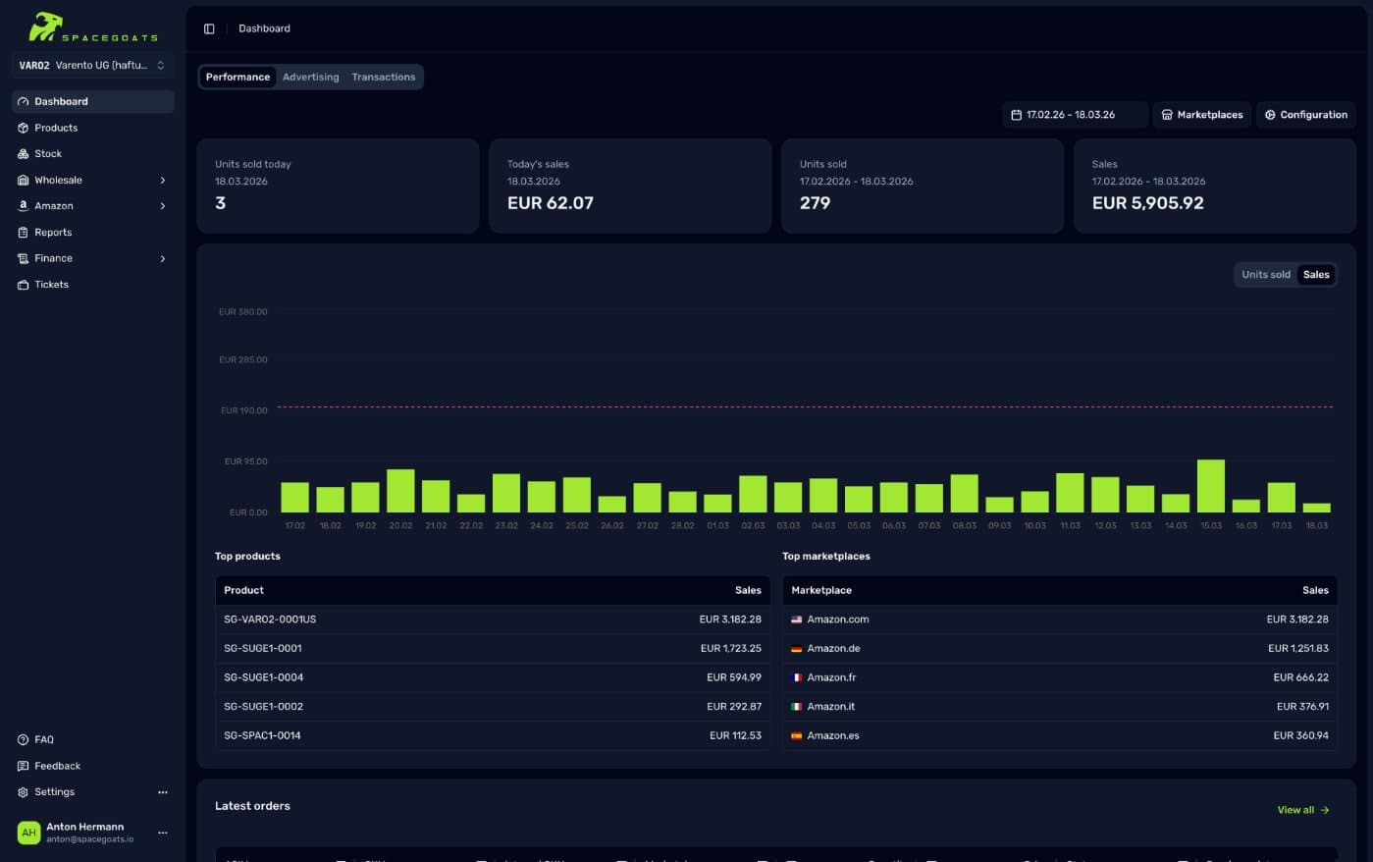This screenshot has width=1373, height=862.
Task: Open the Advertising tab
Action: tap(310, 77)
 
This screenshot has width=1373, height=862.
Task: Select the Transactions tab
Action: tap(383, 77)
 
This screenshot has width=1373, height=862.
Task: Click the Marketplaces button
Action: tap(1202, 115)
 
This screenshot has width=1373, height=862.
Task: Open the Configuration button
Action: tap(1305, 115)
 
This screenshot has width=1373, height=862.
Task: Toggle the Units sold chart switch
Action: tap(1265, 275)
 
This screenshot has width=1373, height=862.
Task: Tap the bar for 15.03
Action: tap(1211, 486)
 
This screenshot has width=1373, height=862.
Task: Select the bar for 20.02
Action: tap(400, 491)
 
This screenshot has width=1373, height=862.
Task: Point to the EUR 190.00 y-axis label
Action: tap(243, 410)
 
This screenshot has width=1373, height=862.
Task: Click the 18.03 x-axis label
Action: tap(1316, 525)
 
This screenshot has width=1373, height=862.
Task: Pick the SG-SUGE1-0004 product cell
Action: tap(263, 677)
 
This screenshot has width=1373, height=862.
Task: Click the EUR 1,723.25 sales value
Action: tap(730, 648)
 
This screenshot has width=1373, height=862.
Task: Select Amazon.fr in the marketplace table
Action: tap(831, 677)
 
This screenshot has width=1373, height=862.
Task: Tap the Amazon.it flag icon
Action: tap(797, 707)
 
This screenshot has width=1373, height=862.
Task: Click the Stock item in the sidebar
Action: tap(48, 154)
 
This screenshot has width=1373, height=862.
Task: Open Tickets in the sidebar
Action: tap(51, 285)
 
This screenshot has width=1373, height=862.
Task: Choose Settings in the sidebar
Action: tap(54, 792)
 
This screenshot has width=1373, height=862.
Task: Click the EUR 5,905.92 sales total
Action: tap(1147, 203)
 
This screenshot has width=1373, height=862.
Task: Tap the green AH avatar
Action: tap(28, 833)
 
